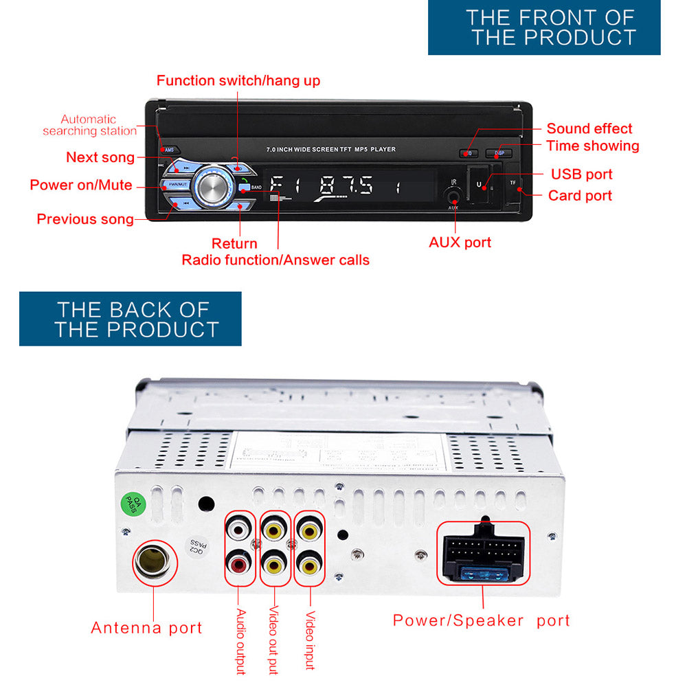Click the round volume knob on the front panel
[x=212, y=186]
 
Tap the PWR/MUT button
[x=177, y=185]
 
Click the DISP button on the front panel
[x=498, y=153]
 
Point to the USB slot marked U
[x=480, y=185]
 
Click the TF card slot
[x=513, y=184]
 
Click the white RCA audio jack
[x=238, y=530]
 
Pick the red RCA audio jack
[x=238, y=565]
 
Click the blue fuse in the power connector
[x=484, y=574]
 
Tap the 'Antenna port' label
[x=147, y=628]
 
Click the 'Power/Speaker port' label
[x=481, y=620]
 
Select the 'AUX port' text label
[x=460, y=243]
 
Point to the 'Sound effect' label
[x=589, y=128]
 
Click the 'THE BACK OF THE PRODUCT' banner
[x=131, y=319]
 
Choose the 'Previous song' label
[x=85, y=219]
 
